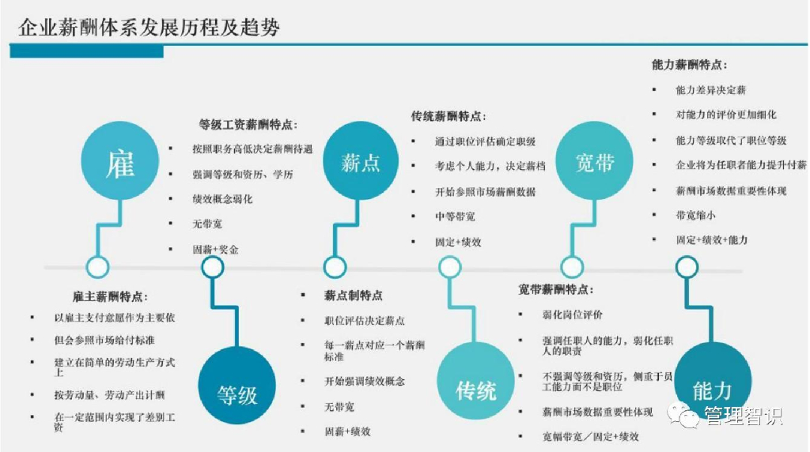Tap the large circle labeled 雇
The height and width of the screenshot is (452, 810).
119,163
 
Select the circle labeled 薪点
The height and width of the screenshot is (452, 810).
361,163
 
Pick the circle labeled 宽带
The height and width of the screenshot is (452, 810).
595,163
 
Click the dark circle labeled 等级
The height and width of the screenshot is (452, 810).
237,391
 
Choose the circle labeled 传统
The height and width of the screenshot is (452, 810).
475,388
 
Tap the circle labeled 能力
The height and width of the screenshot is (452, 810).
712,388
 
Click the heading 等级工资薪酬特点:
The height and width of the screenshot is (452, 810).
247,124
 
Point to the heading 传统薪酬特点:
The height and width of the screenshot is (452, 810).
448,116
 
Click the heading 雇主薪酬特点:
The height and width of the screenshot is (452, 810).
108,296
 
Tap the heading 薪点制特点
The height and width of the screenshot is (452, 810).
353,295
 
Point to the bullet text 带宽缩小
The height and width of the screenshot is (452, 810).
695,214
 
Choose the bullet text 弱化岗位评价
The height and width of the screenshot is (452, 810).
572,315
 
